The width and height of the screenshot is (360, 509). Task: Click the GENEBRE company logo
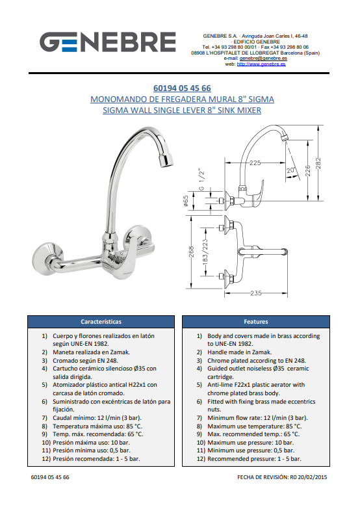(108, 42)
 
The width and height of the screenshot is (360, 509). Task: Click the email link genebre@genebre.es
(263, 59)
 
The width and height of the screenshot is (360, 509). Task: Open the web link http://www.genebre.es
(261, 64)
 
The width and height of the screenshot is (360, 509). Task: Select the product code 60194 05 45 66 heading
(182, 88)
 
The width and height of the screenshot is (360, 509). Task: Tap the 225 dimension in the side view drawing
(255, 163)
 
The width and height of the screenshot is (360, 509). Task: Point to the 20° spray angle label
(290, 170)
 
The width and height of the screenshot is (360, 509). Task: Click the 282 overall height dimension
(318, 163)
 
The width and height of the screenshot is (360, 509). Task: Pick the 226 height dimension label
(308, 171)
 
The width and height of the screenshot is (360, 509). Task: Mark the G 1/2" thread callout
(201, 179)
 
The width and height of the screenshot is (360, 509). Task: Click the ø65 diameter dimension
(186, 201)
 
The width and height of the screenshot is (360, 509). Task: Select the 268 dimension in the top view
(191, 252)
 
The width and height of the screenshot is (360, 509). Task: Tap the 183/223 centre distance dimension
(205, 253)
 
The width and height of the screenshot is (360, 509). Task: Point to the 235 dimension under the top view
(256, 293)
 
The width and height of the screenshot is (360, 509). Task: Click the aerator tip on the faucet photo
(165, 159)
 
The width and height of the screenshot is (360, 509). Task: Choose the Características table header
(101, 322)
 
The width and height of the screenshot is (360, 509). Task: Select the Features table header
(256, 322)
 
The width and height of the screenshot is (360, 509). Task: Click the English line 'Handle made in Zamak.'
(240, 352)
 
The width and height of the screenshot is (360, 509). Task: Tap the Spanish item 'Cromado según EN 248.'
(85, 361)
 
